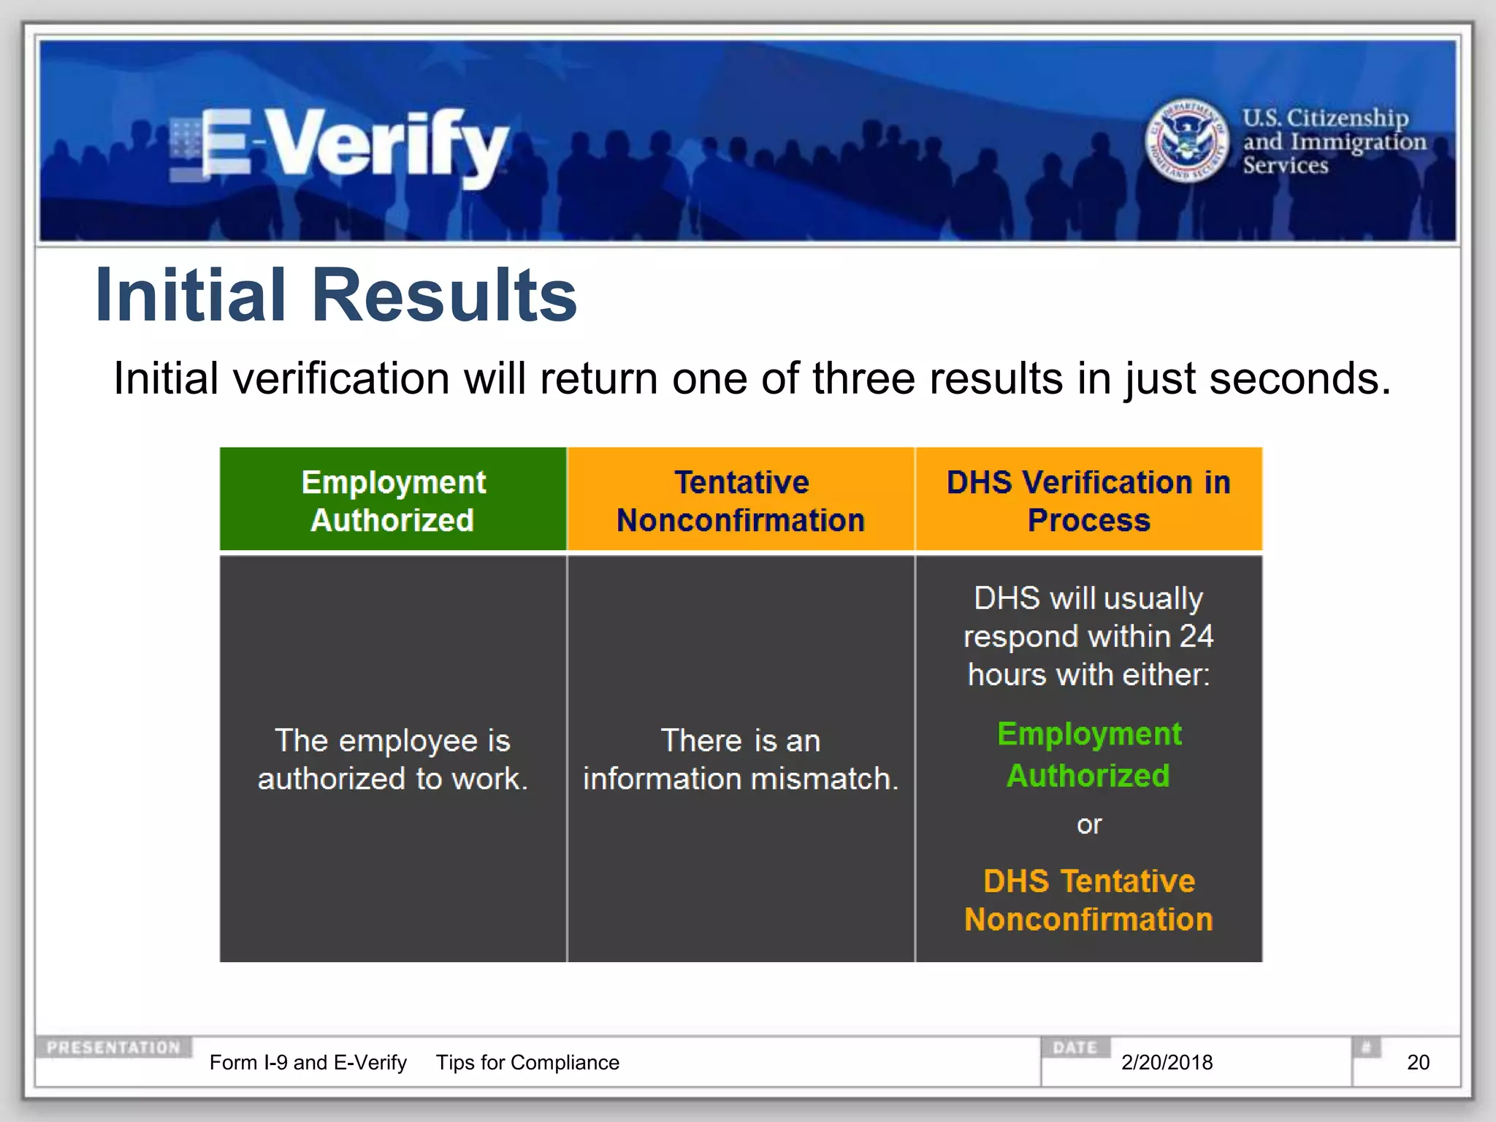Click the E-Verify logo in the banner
pyautogui.click(x=340, y=145)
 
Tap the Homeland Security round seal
pyautogui.click(x=1186, y=140)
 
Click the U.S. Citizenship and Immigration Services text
pyautogui.click(x=1333, y=141)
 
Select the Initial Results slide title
pyautogui.click(x=336, y=295)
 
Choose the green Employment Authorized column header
pyautogui.click(x=393, y=500)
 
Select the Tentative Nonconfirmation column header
pyautogui.click(x=741, y=500)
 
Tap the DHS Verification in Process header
pyautogui.click(x=1088, y=500)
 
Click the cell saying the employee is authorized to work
pyautogui.click(x=393, y=760)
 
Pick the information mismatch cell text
pyautogui.click(x=741, y=760)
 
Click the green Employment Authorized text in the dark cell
pyautogui.click(x=1088, y=755)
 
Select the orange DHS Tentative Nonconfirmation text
pyautogui.click(x=1088, y=900)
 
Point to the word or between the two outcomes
pyautogui.click(x=1088, y=825)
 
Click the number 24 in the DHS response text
pyautogui.click(x=1196, y=636)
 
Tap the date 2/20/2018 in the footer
pyautogui.click(x=1167, y=1062)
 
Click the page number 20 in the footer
pyautogui.click(x=1418, y=1062)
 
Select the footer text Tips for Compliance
pyautogui.click(x=527, y=1062)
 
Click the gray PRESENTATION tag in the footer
pyautogui.click(x=113, y=1047)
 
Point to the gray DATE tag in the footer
pyautogui.click(x=1075, y=1047)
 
